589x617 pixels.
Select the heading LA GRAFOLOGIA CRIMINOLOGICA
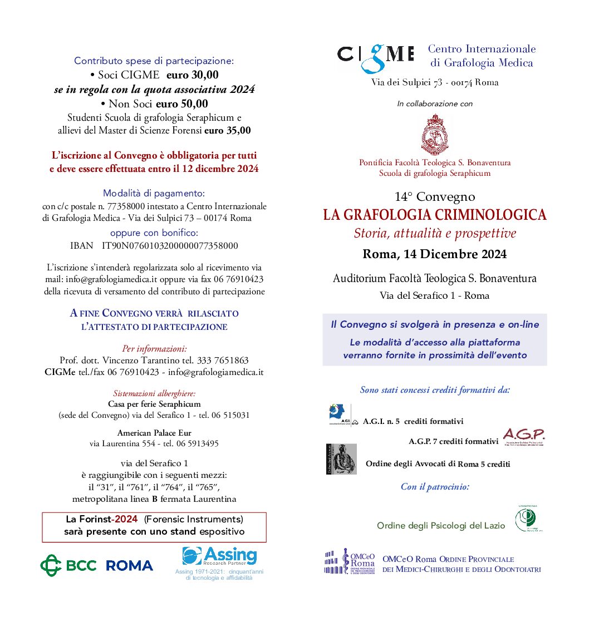click(x=435, y=215)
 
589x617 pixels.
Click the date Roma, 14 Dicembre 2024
click(x=435, y=254)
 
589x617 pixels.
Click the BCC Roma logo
click(x=96, y=565)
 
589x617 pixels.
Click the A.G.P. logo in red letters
click(x=523, y=436)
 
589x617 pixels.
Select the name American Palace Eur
click(x=154, y=432)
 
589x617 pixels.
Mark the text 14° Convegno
click(x=435, y=196)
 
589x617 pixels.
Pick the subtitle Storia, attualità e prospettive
click(x=435, y=234)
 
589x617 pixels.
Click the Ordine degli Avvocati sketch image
click(x=341, y=459)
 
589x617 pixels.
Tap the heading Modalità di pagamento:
click(x=154, y=194)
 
